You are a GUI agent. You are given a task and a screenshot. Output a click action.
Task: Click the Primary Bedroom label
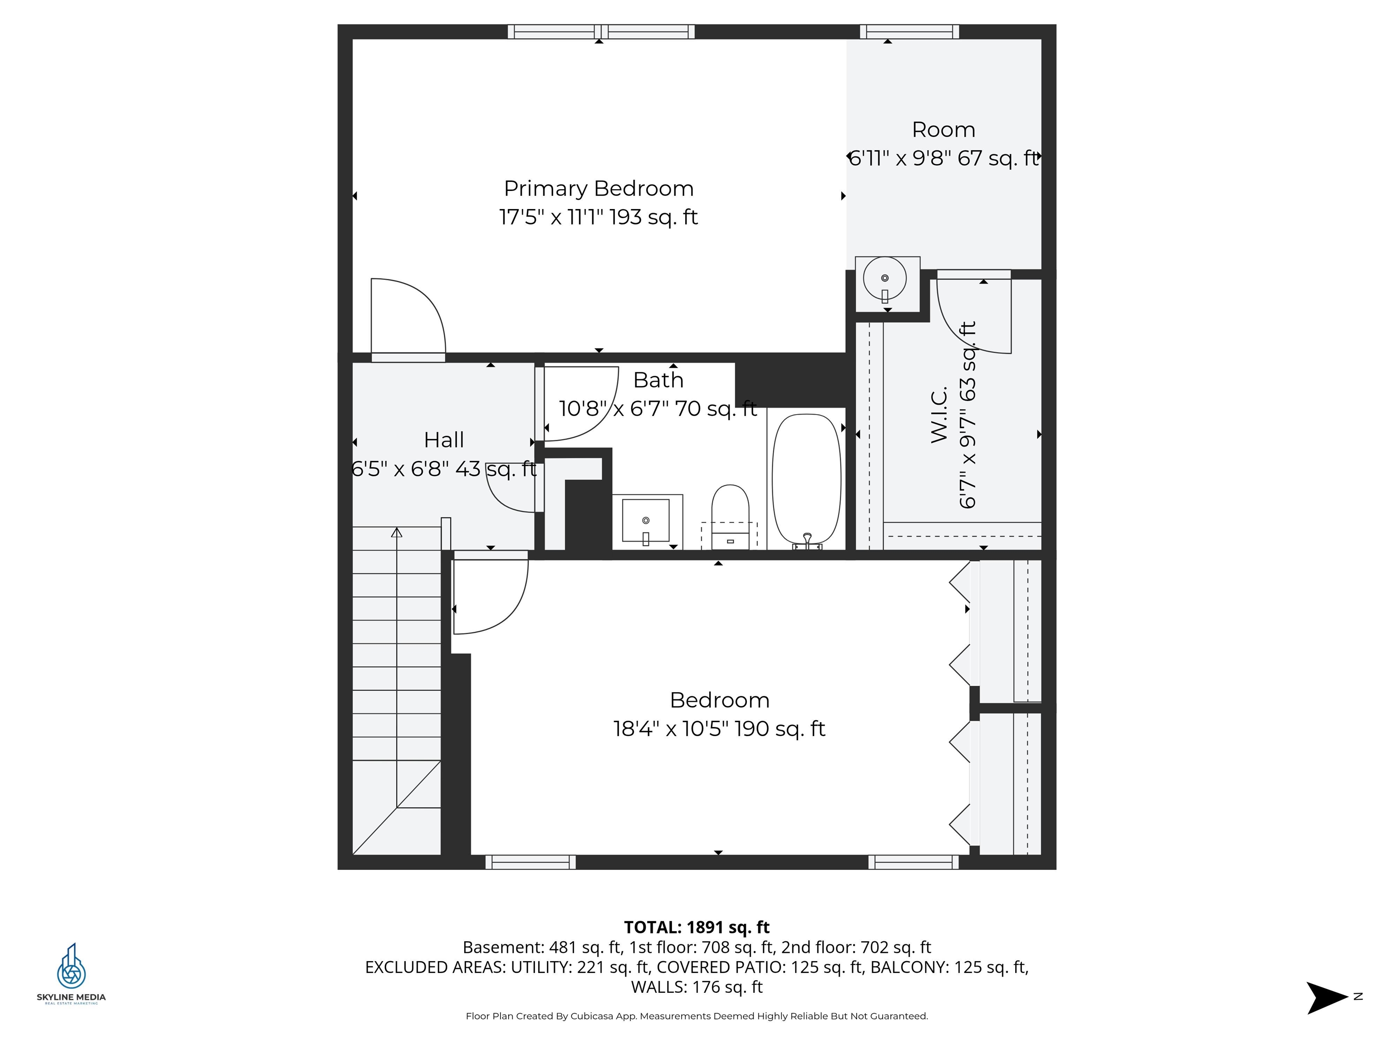pyautogui.click(x=598, y=188)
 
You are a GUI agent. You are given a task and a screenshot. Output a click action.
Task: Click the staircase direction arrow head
pyautogui.click(x=397, y=533)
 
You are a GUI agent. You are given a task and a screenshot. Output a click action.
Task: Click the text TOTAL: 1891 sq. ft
pyautogui.click(x=697, y=927)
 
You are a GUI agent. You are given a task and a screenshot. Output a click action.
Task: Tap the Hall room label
pyautogui.click(x=444, y=439)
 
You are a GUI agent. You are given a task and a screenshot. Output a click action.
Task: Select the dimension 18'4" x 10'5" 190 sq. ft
pyautogui.click(x=719, y=729)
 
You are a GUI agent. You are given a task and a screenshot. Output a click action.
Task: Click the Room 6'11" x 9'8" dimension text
pyautogui.click(x=943, y=157)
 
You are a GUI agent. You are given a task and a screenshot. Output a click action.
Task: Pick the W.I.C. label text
pyautogui.click(x=939, y=415)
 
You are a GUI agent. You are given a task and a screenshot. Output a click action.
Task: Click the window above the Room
pyautogui.click(x=909, y=31)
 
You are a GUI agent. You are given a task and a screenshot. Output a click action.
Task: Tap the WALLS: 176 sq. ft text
pyautogui.click(x=697, y=987)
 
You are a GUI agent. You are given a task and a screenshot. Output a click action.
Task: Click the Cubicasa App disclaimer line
pyautogui.click(x=697, y=1016)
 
